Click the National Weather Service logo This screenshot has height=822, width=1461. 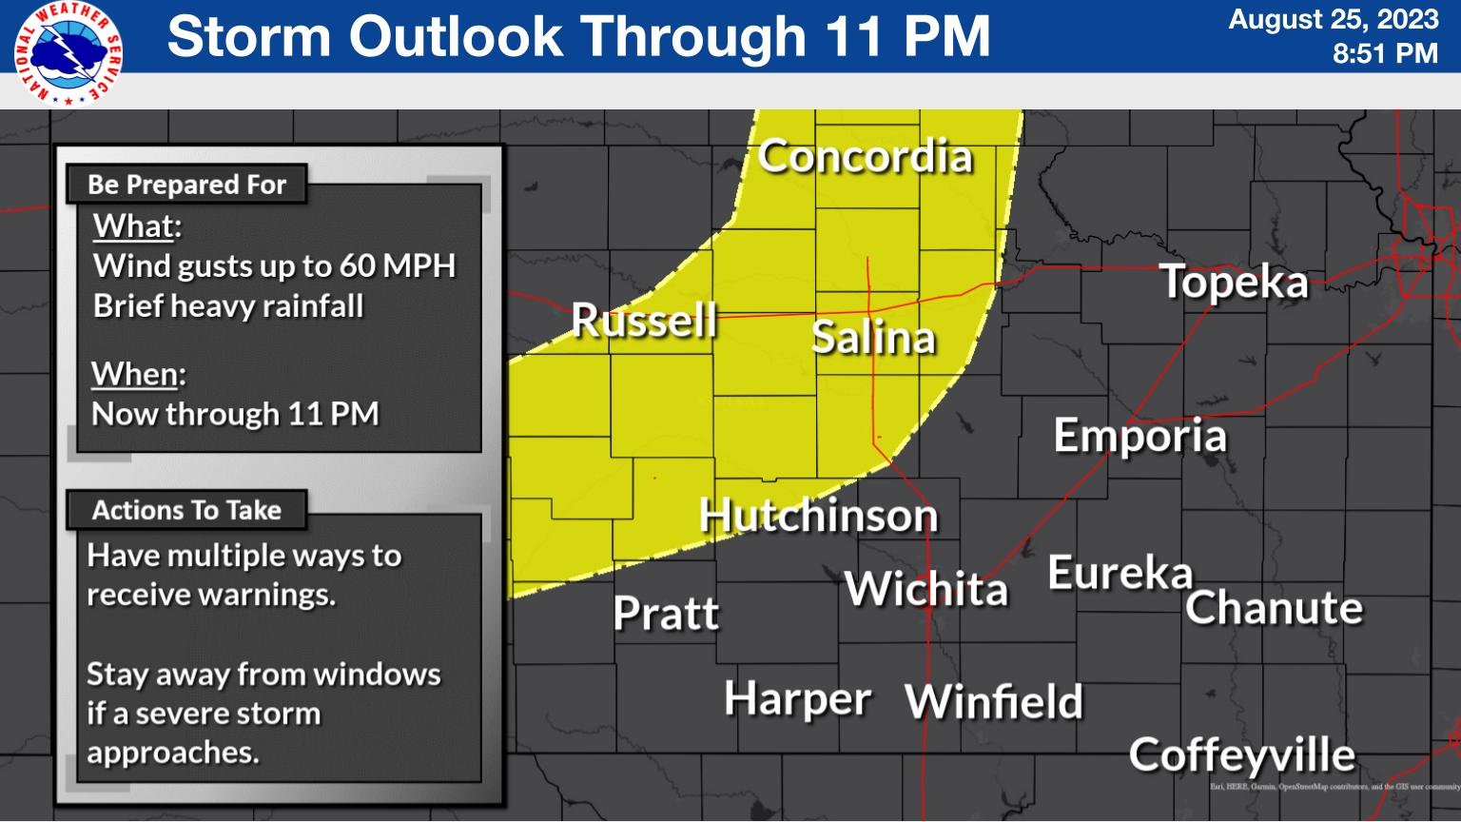68,52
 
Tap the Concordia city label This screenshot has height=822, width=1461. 865,157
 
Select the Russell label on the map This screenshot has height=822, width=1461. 644,321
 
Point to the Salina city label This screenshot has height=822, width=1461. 873,339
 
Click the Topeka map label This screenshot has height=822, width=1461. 1234,283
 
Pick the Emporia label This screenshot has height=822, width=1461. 1140,437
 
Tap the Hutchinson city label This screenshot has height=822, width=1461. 818,516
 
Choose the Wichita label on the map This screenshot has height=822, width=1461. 925,589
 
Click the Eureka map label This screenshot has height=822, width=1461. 1120,574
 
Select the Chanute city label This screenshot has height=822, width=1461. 1274,608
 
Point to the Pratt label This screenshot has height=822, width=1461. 666,614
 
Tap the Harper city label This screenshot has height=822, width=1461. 797,700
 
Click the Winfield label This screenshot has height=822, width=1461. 994,703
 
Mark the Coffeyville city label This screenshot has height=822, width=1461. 1241,755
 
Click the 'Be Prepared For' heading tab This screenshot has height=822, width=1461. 186,185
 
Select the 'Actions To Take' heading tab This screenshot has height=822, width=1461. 186,511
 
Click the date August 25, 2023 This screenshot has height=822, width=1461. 1333,20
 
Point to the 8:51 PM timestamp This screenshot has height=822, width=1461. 1384,54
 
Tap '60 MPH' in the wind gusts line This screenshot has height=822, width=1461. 398,266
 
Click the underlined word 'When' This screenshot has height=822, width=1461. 134,375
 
